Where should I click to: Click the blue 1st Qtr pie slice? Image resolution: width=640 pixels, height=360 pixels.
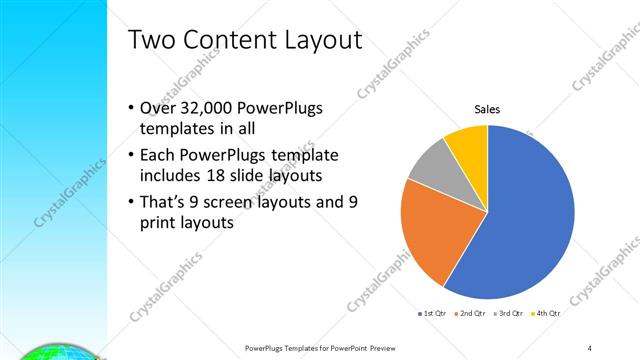pyautogui.click(x=530, y=220)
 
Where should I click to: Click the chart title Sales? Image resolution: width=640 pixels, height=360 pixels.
pyautogui.click(x=487, y=109)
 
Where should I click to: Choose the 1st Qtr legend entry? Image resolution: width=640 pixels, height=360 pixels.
pyautogui.click(x=433, y=313)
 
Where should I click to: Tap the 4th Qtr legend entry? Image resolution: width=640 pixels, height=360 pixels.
pyautogui.click(x=545, y=313)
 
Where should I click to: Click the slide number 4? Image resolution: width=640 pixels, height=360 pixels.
pyautogui.click(x=590, y=347)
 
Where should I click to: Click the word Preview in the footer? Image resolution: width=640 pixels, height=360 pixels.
pyautogui.click(x=369, y=347)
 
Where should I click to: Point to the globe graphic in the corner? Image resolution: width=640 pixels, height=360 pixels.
pyautogui.click(x=50, y=351)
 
